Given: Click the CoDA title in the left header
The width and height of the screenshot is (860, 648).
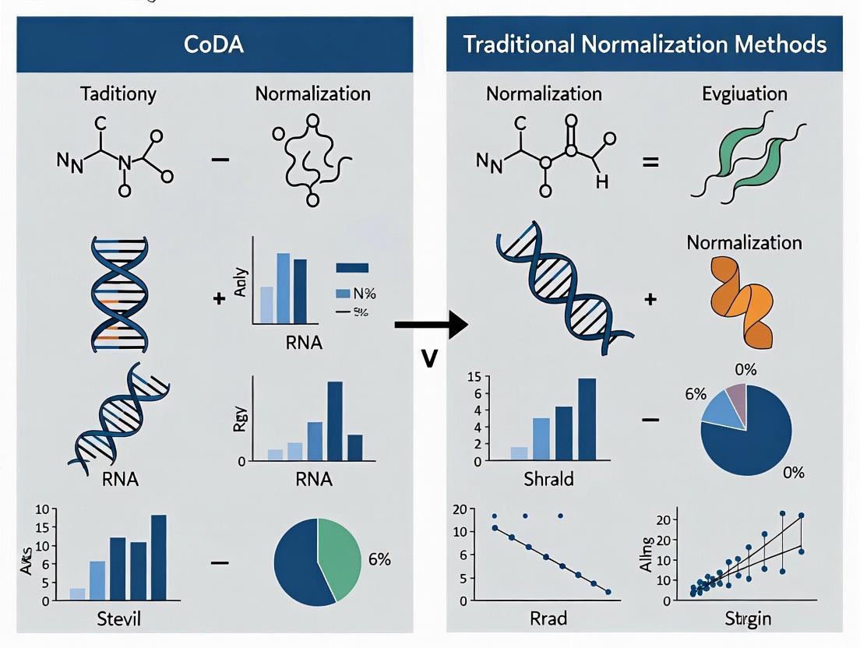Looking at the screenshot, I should pos(213,44).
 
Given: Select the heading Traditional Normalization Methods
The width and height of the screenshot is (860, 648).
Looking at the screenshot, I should pos(644,44).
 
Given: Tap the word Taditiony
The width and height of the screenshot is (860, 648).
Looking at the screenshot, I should pos(118,94).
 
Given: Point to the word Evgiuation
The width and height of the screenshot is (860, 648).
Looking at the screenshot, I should pos(744,94).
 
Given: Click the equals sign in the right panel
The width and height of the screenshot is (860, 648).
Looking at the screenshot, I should pos(650,163).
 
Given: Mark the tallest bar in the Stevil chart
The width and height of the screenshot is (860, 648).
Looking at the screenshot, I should pos(158,557).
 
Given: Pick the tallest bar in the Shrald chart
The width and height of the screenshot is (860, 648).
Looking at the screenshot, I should pos(587,419).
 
